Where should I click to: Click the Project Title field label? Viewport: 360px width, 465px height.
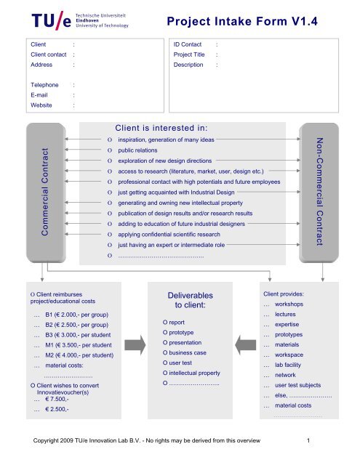pos(191,55)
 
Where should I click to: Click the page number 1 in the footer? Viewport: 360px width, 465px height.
pos(309,440)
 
